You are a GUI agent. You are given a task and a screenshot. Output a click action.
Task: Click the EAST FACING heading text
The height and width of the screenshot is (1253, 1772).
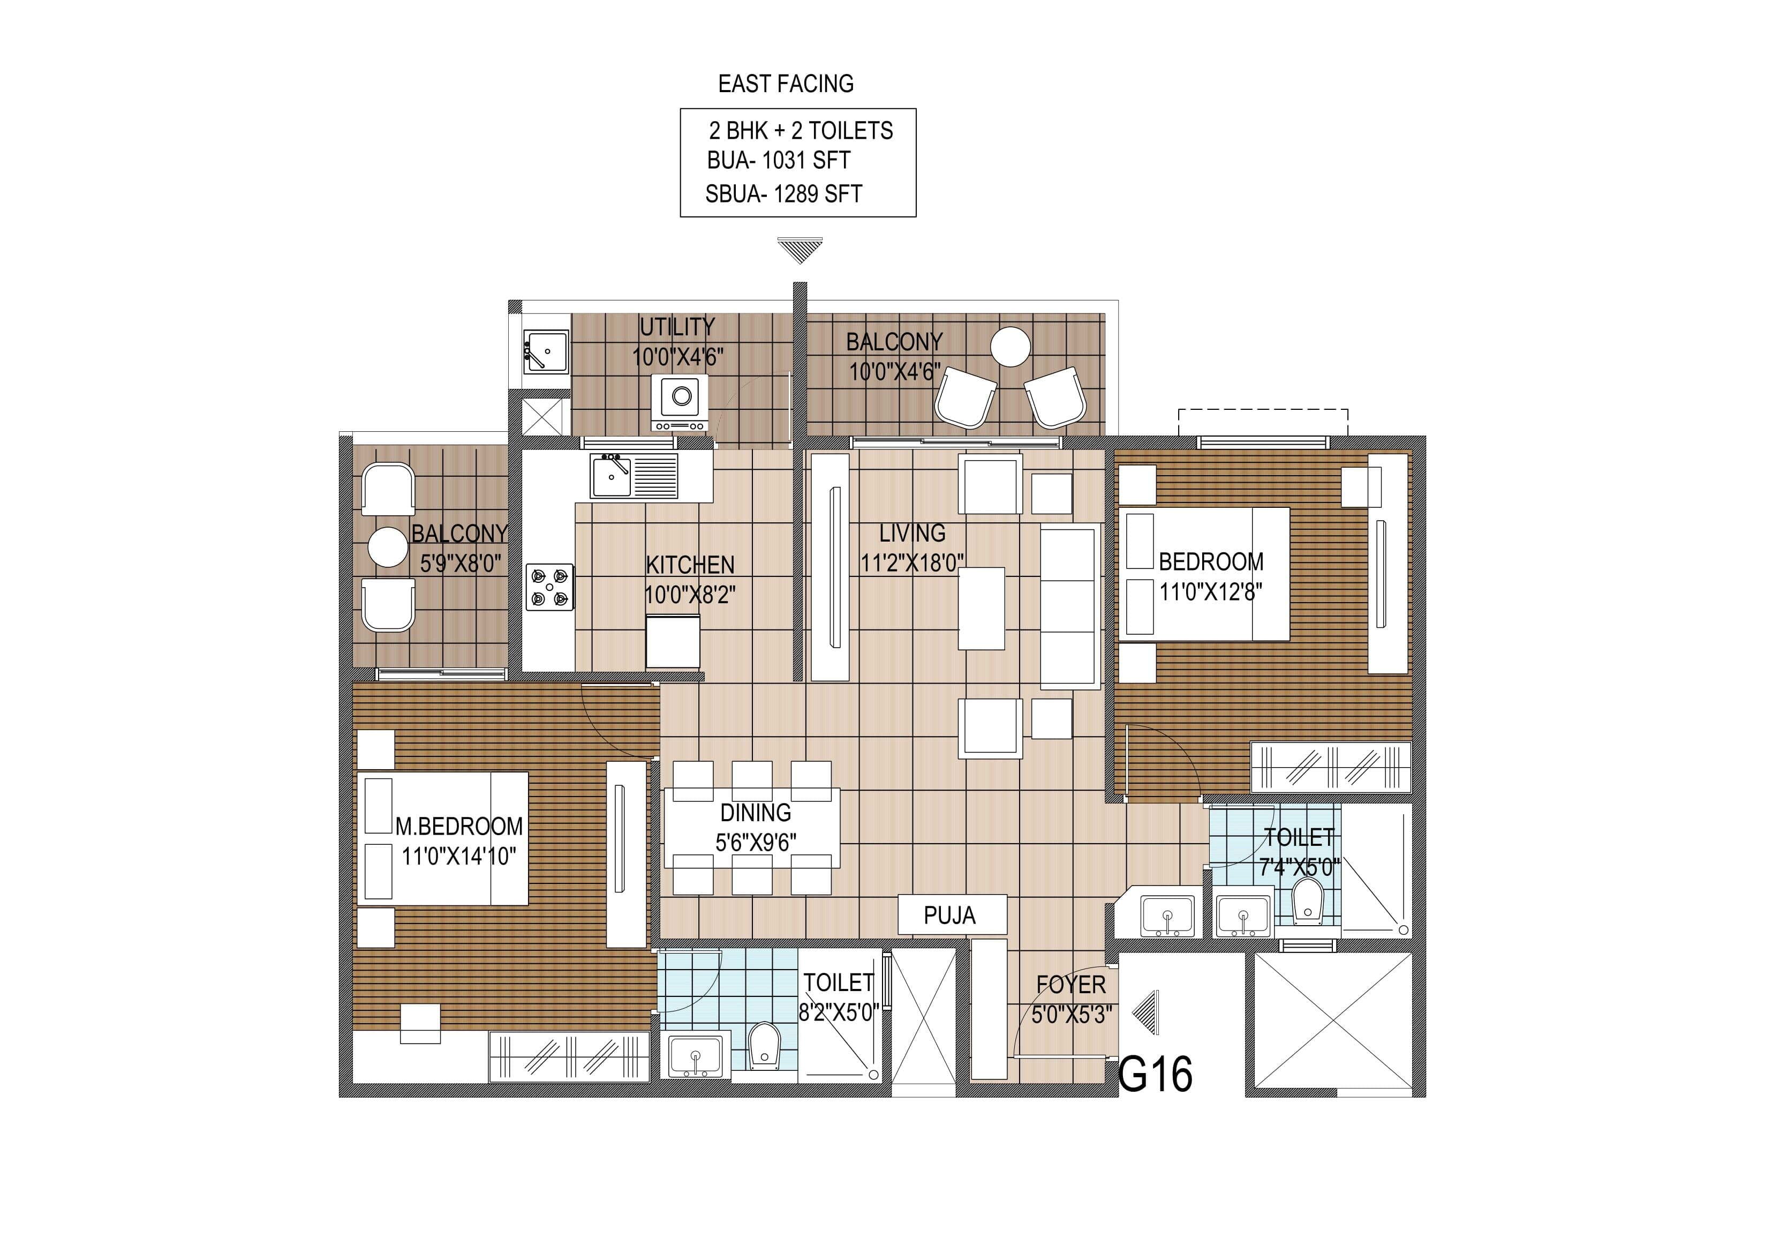(785, 84)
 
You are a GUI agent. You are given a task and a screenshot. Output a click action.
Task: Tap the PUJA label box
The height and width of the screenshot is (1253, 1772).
(952, 915)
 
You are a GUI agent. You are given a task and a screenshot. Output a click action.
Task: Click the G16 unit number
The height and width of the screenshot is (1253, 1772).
(1155, 1074)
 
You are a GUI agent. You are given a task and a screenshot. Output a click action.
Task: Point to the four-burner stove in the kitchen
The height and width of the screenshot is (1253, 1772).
(549, 587)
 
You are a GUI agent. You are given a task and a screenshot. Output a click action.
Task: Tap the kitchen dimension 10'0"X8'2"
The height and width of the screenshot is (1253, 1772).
(690, 595)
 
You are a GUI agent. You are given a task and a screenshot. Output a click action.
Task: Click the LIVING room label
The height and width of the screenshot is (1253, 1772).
(913, 532)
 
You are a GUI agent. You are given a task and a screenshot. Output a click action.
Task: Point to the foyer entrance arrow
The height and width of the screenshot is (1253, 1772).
(1147, 1012)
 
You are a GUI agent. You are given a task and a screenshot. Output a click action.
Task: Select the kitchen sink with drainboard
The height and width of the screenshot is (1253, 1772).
(633, 476)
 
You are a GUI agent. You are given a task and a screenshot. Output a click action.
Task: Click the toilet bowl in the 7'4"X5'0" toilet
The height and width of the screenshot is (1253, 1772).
(1307, 900)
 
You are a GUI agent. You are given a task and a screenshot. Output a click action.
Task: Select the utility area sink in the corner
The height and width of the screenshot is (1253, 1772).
(546, 352)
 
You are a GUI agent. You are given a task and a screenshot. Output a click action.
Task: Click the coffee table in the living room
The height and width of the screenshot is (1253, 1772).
(981, 607)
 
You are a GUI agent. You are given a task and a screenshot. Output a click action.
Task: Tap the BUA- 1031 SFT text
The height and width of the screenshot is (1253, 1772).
(778, 161)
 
